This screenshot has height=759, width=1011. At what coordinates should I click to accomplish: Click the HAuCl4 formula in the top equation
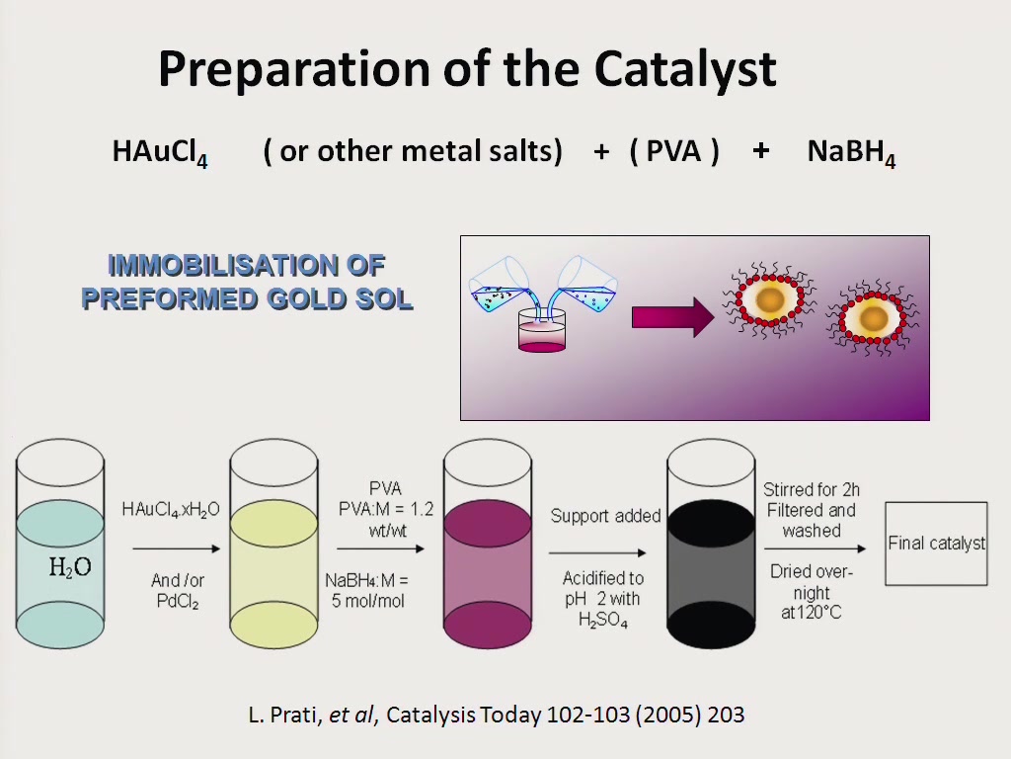click(x=160, y=153)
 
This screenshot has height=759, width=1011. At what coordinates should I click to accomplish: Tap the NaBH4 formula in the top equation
click(x=851, y=153)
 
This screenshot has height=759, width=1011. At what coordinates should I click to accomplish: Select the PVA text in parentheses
click(x=673, y=151)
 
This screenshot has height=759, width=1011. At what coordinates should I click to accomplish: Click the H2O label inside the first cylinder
click(x=70, y=567)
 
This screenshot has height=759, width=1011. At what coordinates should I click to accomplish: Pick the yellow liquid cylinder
click(x=274, y=544)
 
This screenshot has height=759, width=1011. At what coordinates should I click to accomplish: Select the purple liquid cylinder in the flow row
click(x=488, y=544)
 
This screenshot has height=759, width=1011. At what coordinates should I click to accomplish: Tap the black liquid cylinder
click(x=711, y=544)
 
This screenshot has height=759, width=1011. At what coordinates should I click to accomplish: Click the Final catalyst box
click(x=936, y=544)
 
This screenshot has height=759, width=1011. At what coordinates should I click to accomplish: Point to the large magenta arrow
click(x=672, y=317)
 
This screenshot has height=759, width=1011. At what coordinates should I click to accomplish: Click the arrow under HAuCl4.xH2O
click(x=176, y=548)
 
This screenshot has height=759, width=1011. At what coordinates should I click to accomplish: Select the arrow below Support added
click(x=597, y=552)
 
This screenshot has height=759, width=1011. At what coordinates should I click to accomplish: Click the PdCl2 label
click(x=178, y=602)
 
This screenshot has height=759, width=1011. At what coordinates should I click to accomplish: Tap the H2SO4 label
click(x=603, y=621)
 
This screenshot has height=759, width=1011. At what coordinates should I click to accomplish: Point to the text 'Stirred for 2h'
click(x=812, y=490)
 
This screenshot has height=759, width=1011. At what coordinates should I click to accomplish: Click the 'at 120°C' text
click(x=812, y=612)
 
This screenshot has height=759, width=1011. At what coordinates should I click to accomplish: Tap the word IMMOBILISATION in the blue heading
click(x=246, y=266)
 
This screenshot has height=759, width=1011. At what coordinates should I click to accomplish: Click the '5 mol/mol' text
click(x=367, y=601)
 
